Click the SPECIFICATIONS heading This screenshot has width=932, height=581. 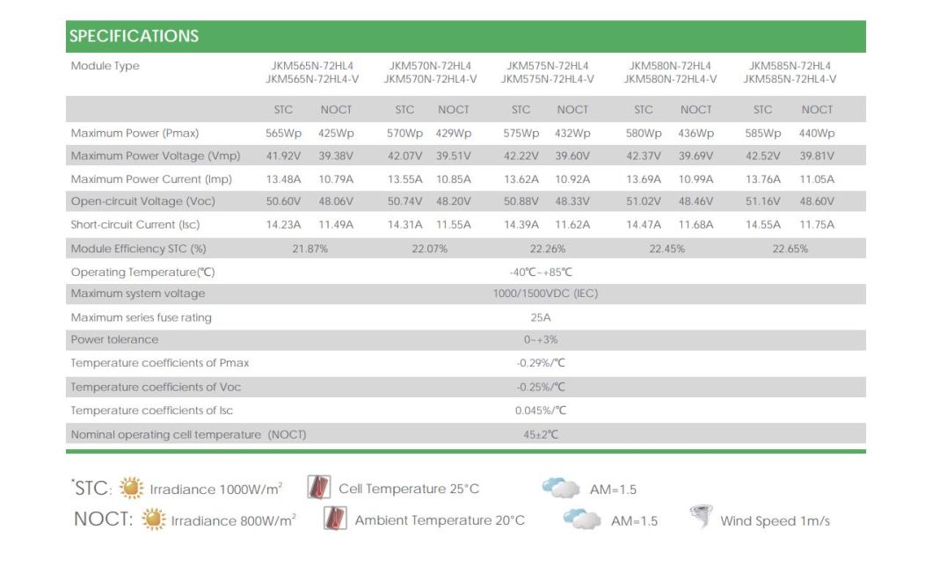click(x=135, y=36)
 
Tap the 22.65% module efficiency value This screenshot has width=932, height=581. click(x=790, y=249)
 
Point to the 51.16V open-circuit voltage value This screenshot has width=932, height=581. click(x=763, y=201)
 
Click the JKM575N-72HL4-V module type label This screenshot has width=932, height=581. click(x=547, y=79)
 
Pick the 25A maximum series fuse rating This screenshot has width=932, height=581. click(x=541, y=317)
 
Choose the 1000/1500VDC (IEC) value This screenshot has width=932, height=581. click(x=545, y=294)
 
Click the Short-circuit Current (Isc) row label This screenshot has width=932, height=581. click(x=135, y=225)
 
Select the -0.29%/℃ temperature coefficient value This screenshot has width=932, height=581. click(x=541, y=363)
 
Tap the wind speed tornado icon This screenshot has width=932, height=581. click(x=702, y=518)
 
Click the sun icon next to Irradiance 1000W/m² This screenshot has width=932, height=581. click(x=132, y=488)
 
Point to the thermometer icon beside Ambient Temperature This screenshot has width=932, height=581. click(x=335, y=519)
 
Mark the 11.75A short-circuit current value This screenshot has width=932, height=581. click(x=817, y=225)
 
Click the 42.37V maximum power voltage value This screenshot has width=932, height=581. click(x=644, y=156)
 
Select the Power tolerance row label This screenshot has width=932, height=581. click(x=115, y=339)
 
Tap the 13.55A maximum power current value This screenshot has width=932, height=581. click(x=405, y=179)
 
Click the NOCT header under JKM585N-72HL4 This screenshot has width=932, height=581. click(x=817, y=110)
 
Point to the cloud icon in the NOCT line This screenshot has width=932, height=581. click(x=582, y=519)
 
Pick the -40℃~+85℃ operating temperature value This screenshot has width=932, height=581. click(x=541, y=272)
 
